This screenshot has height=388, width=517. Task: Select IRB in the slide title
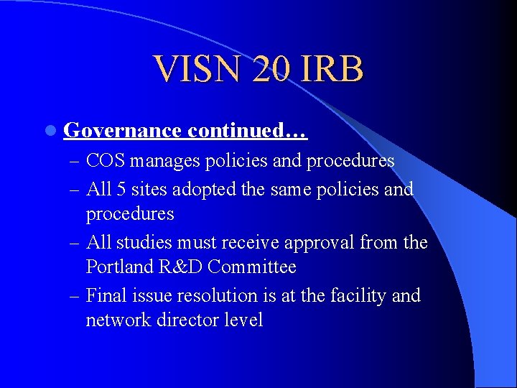click(334, 70)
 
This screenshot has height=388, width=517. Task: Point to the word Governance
click(122, 131)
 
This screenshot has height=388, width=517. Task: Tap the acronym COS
click(106, 160)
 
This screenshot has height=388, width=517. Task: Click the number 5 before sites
click(121, 189)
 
